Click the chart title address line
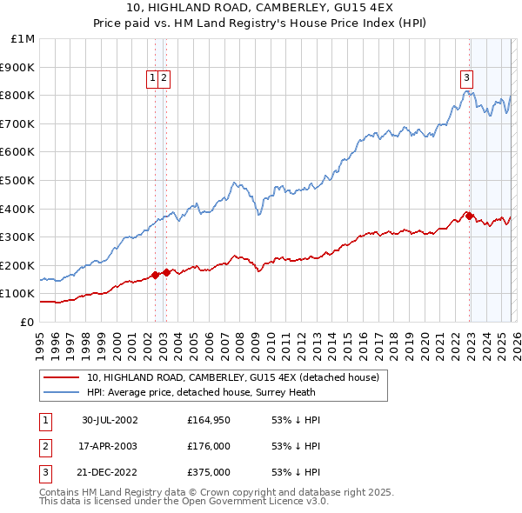pyautogui.click(x=261, y=9)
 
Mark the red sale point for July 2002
pyautogui.click(x=156, y=275)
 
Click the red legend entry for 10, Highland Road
pyautogui.click(x=232, y=378)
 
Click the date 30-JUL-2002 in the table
pyautogui.click(x=110, y=420)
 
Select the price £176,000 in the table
pyautogui.click(x=209, y=447)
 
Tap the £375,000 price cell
pyautogui.click(x=209, y=474)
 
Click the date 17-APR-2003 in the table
pyautogui.click(x=110, y=447)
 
